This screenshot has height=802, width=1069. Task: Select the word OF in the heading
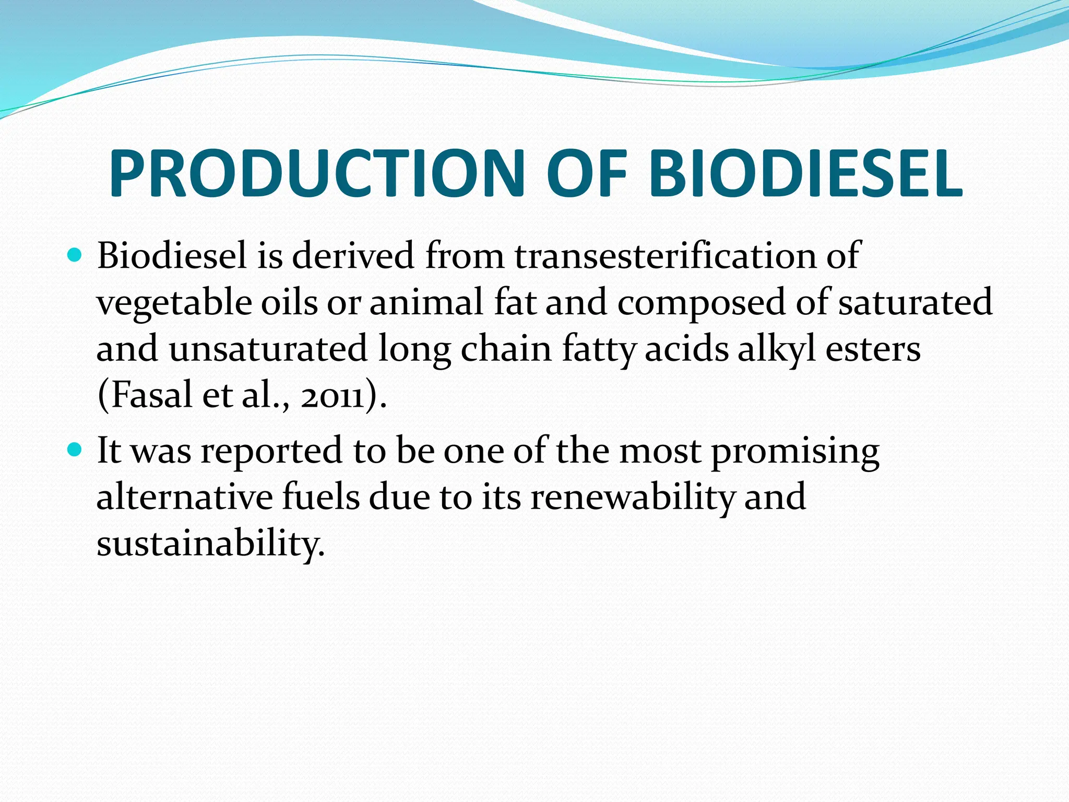586,173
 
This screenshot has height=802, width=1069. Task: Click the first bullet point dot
76,255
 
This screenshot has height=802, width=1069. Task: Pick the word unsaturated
268,349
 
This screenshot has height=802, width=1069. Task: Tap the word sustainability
210,544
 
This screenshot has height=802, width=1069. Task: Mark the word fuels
321,497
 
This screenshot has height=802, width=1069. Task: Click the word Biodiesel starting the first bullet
172,256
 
